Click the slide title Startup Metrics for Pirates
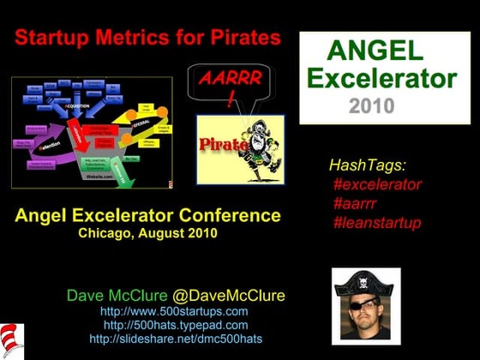tap(148, 38)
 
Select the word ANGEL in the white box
tap(376, 51)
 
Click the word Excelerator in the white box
tap(381, 79)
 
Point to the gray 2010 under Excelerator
tap(371, 106)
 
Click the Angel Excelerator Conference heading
tap(147, 214)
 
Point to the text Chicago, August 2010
tap(147, 232)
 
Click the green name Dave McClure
tap(116, 296)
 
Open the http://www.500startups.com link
tap(174, 311)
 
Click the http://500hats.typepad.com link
tap(175, 325)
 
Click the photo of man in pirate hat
tap(365, 305)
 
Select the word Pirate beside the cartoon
tap(221, 144)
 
